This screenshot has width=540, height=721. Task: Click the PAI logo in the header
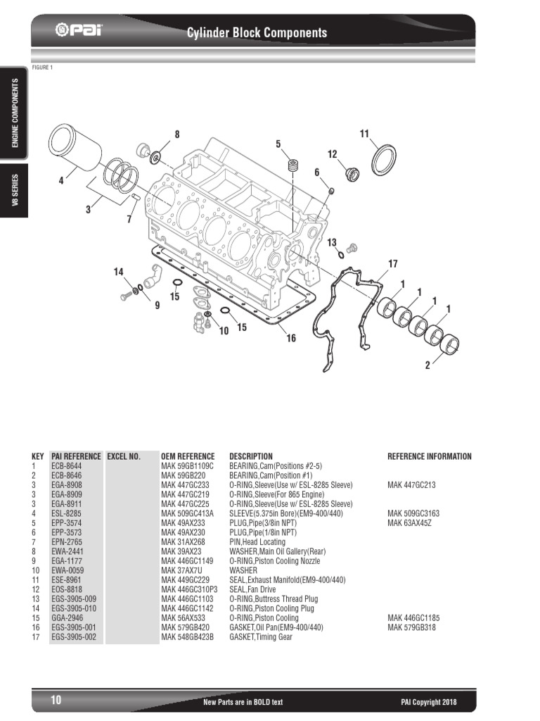click(77, 31)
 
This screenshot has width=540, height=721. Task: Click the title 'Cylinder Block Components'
click(256, 32)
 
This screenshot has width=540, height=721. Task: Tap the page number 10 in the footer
click(56, 701)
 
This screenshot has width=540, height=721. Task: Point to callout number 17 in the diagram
click(392, 263)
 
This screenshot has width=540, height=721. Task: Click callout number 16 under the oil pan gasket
click(290, 339)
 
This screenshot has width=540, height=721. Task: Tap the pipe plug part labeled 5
click(293, 168)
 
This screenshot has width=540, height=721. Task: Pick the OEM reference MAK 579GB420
click(185, 627)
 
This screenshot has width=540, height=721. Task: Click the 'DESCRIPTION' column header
click(250, 456)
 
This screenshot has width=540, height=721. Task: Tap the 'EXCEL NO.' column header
click(124, 456)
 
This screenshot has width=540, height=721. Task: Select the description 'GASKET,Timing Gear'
click(260, 637)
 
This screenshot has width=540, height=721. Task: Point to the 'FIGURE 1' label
click(42, 68)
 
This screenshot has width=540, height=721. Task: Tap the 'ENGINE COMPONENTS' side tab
click(15, 113)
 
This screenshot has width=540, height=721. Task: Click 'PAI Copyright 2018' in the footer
click(428, 702)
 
